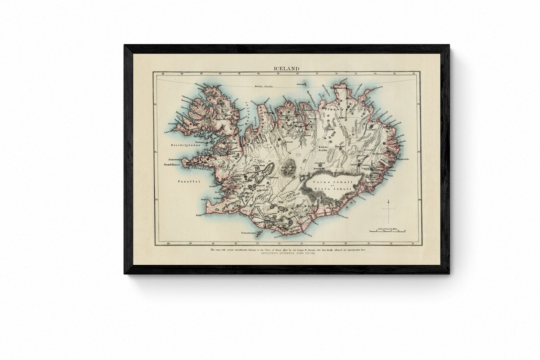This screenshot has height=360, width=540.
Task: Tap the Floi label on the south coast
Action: tap(245, 211)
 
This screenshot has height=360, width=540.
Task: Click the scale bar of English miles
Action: tap(387, 232)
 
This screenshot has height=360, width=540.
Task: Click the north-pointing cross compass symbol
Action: tap(389, 211)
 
